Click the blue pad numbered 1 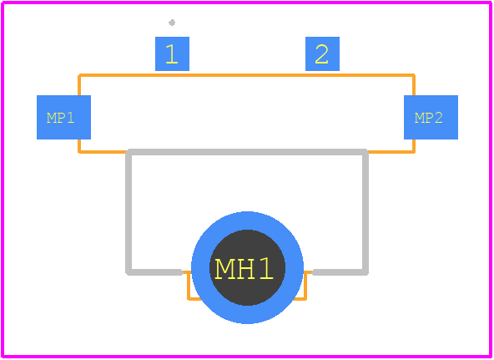[173, 54]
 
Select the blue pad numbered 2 [322, 54]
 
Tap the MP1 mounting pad [63, 117]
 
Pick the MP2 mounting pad [431, 117]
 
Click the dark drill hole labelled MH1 [247, 267]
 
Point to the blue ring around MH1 [200, 267]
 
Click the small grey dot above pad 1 [172, 23]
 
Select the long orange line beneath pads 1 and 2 [246, 75]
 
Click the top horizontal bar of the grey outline [247, 152]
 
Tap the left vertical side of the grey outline [129, 212]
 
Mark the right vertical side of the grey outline [365, 212]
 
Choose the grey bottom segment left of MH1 [154, 272]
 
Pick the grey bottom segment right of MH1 [340, 272]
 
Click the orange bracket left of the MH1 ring [189, 286]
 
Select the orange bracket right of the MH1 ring [305, 286]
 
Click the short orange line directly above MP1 [79, 85]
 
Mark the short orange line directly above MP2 [414, 85]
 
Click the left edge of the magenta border [3, 180]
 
